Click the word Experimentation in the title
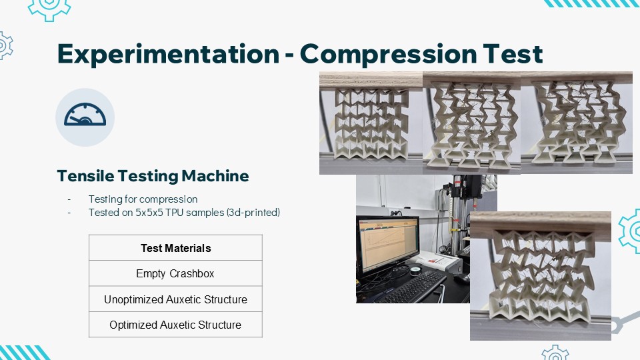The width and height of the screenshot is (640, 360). point(168,54)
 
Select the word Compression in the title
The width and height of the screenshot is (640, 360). point(388,54)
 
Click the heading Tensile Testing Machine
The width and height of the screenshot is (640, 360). point(153,176)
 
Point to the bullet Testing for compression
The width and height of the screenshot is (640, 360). point(143,199)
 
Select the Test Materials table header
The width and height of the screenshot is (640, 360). point(175,248)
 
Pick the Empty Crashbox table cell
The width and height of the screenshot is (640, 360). point(175,273)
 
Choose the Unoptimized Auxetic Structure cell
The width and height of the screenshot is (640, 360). point(175,299)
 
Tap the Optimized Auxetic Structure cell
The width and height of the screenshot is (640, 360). point(175,325)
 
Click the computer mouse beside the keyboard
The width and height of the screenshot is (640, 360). point(461,278)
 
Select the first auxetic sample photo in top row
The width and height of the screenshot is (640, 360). point(371,123)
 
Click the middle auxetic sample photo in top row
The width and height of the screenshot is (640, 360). point(472,123)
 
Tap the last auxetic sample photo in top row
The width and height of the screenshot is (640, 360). point(577,123)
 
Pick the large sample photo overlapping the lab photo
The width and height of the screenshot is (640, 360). point(541,276)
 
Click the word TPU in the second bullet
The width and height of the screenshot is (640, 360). point(174,212)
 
